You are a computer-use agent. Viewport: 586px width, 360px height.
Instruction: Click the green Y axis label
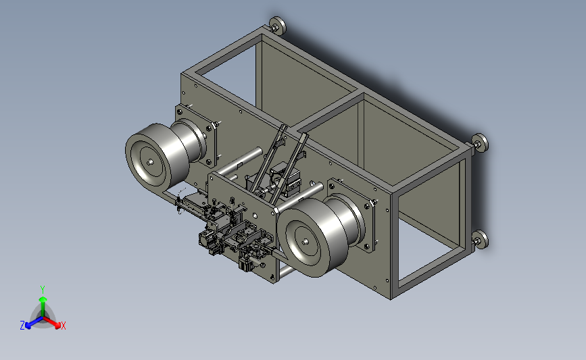point(43,290)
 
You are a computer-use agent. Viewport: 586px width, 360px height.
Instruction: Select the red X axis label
point(63,326)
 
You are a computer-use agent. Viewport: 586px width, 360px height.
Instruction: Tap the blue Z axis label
point(22,326)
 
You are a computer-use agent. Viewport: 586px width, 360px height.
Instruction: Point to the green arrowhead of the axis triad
point(43,299)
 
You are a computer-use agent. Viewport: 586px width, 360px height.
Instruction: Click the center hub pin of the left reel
point(150,162)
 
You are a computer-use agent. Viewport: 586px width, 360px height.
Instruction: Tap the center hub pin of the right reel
point(306,241)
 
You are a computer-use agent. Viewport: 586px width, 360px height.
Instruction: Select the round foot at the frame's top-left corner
point(277,26)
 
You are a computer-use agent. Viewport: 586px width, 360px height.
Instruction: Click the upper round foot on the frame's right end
point(480,143)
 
